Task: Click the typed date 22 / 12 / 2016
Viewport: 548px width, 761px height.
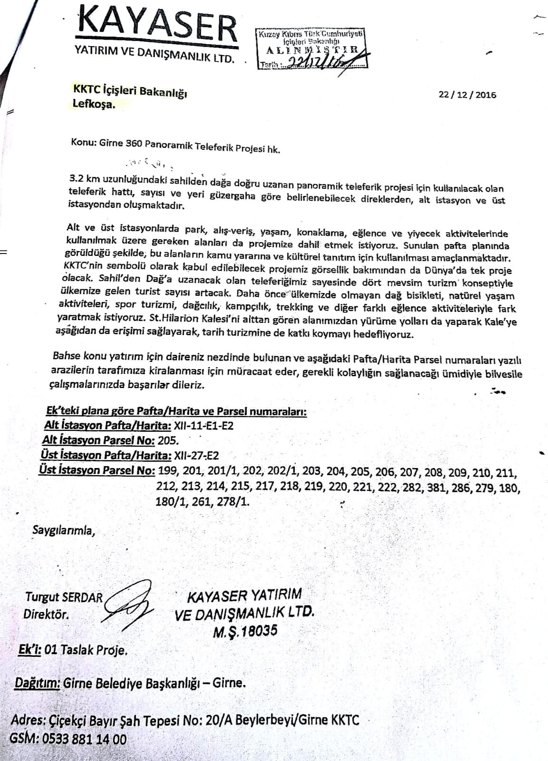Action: (x=467, y=95)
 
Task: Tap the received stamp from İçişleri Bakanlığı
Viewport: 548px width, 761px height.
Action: (x=312, y=49)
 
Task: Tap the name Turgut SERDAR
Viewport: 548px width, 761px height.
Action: (x=64, y=597)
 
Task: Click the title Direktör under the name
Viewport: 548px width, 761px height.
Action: (x=46, y=614)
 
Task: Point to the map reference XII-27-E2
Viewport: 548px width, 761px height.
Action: (x=196, y=455)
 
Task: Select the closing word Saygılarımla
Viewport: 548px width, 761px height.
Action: (x=63, y=529)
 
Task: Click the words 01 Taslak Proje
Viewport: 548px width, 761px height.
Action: (x=85, y=650)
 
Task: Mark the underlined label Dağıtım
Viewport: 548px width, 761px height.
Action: (x=38, y=683)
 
